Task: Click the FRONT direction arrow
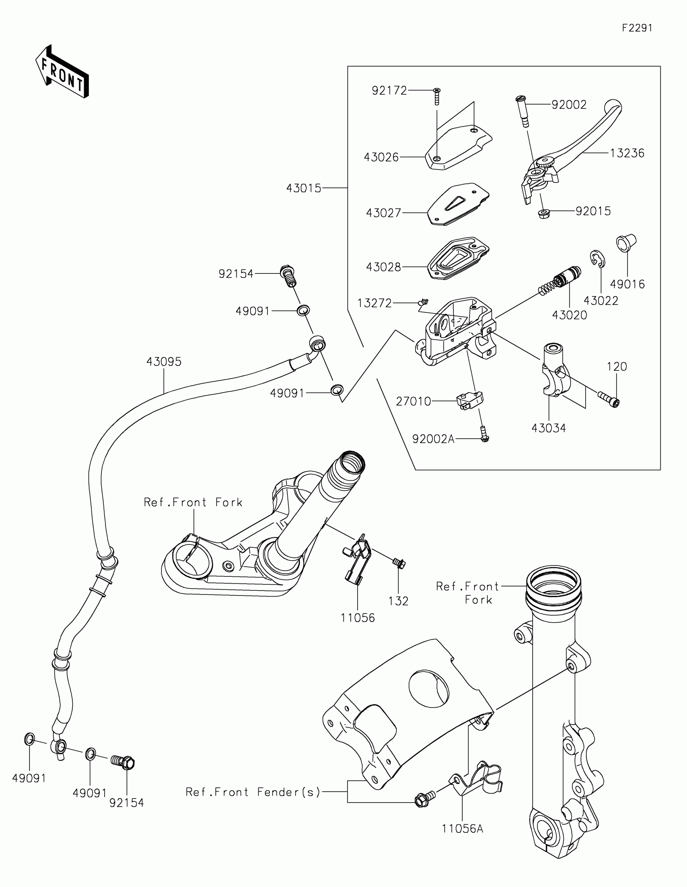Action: tap(62, 72)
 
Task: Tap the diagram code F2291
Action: tap(637, 28)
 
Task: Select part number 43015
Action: tap(303, 189)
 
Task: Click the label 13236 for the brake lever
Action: tap(627, 153)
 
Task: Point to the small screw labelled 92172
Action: tap(437, 96)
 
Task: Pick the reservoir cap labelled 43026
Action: tap(458, 147)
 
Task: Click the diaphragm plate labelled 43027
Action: tap(458, 204)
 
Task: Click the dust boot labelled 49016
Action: tap(626, 243)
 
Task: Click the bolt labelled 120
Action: tap(608, 399)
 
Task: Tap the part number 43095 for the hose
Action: tap(164, 362)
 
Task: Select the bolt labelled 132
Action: tap(399, 563)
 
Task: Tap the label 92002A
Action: tap(433, 439)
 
